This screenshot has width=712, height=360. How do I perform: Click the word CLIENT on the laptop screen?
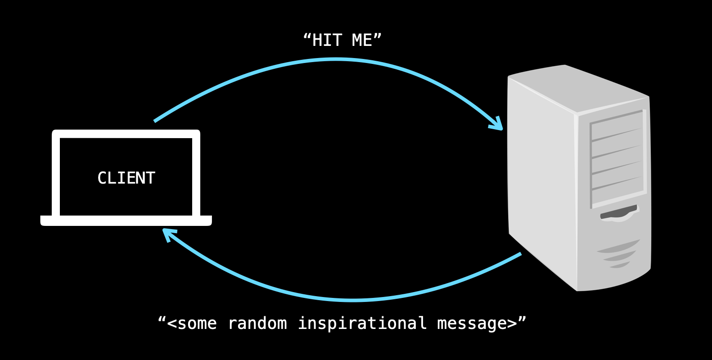tap(126, 178)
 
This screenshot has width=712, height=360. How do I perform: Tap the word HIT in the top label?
tap(327, 40)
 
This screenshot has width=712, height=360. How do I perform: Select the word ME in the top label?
tap(362, 40)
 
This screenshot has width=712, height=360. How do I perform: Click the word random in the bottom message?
tap(257, 324)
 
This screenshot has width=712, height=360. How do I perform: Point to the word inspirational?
tap(362, 324)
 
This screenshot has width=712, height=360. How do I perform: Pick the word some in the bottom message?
tap(197, 324)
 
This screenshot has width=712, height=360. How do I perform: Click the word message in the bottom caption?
tap(472, 324)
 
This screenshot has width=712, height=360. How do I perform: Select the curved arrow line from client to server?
tap(335, 59)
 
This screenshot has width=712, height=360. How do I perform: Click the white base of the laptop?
tap(126, 220)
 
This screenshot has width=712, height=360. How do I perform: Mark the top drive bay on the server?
tap(617, 126)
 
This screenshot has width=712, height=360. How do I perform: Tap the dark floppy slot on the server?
tap(618, 213)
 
